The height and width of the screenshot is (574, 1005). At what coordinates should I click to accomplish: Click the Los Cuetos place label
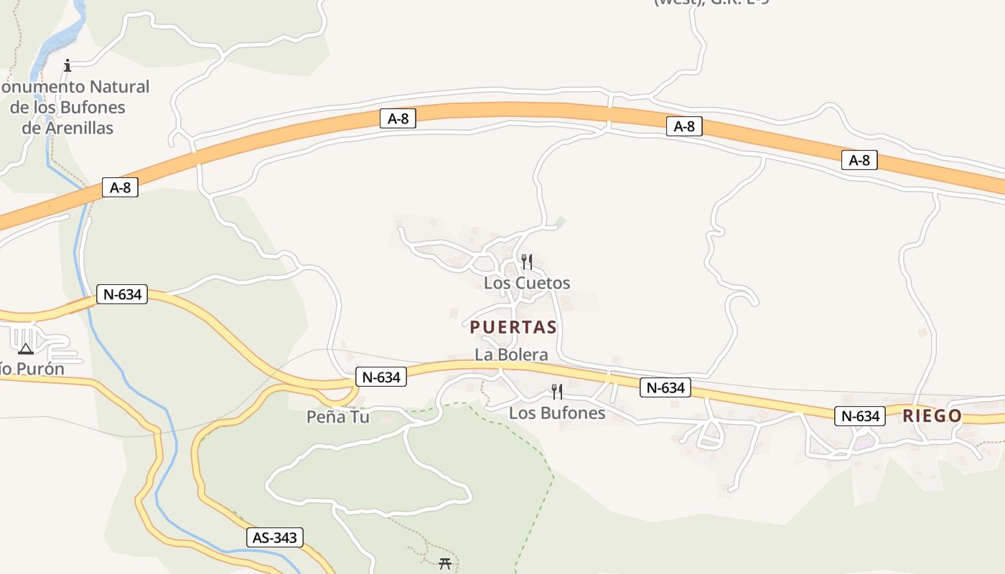coord(527,283)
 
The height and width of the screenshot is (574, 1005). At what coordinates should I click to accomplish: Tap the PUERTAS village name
coord(513,327)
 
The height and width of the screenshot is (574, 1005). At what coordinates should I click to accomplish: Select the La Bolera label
coord(511,354)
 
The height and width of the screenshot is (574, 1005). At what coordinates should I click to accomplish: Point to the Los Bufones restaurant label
coord(557,413)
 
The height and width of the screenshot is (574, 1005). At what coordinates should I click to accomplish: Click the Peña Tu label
coord(337,416)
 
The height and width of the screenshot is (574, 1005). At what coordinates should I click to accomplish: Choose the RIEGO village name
coord(932,415)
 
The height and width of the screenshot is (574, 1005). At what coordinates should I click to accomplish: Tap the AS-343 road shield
coord(275,537)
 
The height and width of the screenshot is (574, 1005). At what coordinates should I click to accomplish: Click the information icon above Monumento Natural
coord(67,66)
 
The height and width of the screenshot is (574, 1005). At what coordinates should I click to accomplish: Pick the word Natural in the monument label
coord(120,87)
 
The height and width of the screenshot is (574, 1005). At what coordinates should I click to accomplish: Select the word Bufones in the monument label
coord(90,108)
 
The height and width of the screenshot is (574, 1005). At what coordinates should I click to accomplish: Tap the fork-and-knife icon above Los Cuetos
coord(527,261)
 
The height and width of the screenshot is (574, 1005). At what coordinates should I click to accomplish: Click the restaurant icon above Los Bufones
coord(556,392)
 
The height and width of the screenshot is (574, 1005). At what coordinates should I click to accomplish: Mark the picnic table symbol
coord(445,564)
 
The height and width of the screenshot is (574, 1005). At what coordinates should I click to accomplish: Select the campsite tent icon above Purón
coord(26,349)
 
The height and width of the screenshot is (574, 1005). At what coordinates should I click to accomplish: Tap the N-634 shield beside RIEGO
coord(859,415)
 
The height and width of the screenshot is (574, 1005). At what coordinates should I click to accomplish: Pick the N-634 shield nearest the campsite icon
coord(122,294)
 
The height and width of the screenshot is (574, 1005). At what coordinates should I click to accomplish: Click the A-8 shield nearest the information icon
coord(120,188)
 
